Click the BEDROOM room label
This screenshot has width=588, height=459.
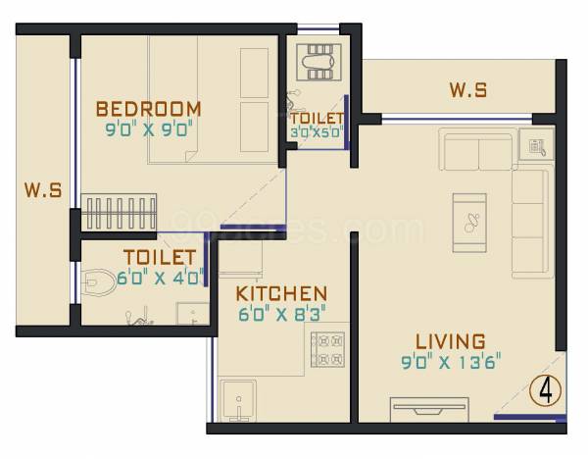click(148, 108)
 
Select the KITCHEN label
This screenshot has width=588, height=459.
click(281, 294)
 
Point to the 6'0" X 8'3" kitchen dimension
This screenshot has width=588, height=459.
click(281, 314)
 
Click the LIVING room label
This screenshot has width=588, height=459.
click(450, 341)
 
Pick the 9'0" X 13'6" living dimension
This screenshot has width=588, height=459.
click(451, 360)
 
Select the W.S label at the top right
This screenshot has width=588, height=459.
click(468, 91)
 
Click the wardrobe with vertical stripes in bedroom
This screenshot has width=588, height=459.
click(120, 214)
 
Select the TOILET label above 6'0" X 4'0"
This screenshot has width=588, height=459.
click(158, 258)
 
